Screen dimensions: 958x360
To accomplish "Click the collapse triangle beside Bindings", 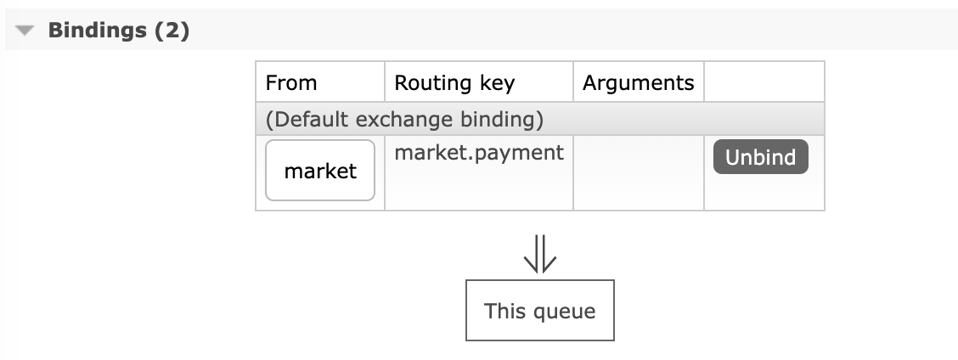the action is [x=25, y=31].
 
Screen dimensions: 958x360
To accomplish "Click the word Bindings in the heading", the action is [x=97, y=31].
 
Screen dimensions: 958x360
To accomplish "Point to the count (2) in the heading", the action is [x=170, y=31].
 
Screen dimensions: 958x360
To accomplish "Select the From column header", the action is [x=291, y=82].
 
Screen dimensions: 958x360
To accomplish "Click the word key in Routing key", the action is [x=495, y=82].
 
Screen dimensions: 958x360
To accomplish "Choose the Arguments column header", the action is [x=638, y=82].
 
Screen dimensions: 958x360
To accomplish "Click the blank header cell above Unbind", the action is [x=764, y=82].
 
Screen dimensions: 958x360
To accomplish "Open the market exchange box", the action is [x=320, y=171].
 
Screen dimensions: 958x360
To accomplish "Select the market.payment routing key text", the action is [x=479, y=153].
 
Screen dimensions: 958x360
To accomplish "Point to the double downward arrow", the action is [x=540, y=254].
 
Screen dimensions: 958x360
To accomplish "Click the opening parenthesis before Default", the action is [x=269, y=120].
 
